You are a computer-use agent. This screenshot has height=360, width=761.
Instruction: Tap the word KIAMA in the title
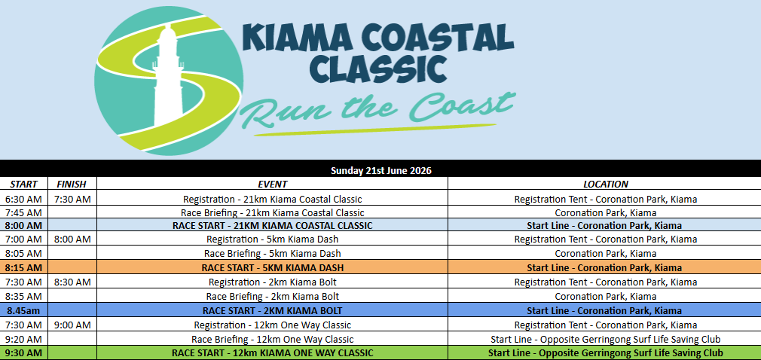point(297,38)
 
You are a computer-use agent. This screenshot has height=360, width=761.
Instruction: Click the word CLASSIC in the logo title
point(378,68)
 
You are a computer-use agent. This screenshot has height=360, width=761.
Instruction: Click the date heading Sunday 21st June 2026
point(381,170)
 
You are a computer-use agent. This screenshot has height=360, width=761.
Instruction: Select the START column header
point(24,185)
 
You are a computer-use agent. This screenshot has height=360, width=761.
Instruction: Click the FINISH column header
point(72,185)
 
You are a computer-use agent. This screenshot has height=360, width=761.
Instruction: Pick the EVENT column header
point(272,185)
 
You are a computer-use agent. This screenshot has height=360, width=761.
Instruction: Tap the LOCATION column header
point(606,185)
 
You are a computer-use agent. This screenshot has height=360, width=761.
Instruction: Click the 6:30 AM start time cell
point(23,199)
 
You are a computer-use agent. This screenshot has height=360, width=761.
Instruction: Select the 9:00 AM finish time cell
point(72,325)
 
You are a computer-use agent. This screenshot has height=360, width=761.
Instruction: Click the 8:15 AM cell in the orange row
point(23,268)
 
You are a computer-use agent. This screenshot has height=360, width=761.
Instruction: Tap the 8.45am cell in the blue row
point(24,310)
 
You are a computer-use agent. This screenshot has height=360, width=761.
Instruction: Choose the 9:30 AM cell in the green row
point(23,352)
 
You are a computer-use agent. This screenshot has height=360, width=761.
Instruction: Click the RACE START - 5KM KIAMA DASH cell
point(272,268)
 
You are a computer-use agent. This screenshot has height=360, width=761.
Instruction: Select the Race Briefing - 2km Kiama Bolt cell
point(272,297)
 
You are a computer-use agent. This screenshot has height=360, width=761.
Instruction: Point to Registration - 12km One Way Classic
point(272,325)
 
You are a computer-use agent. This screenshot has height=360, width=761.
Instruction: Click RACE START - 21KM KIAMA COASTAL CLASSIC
point(272,226)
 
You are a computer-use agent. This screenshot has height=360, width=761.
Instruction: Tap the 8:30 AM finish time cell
point(72,282)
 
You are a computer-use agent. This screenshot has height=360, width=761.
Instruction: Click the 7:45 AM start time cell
point(23,212)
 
